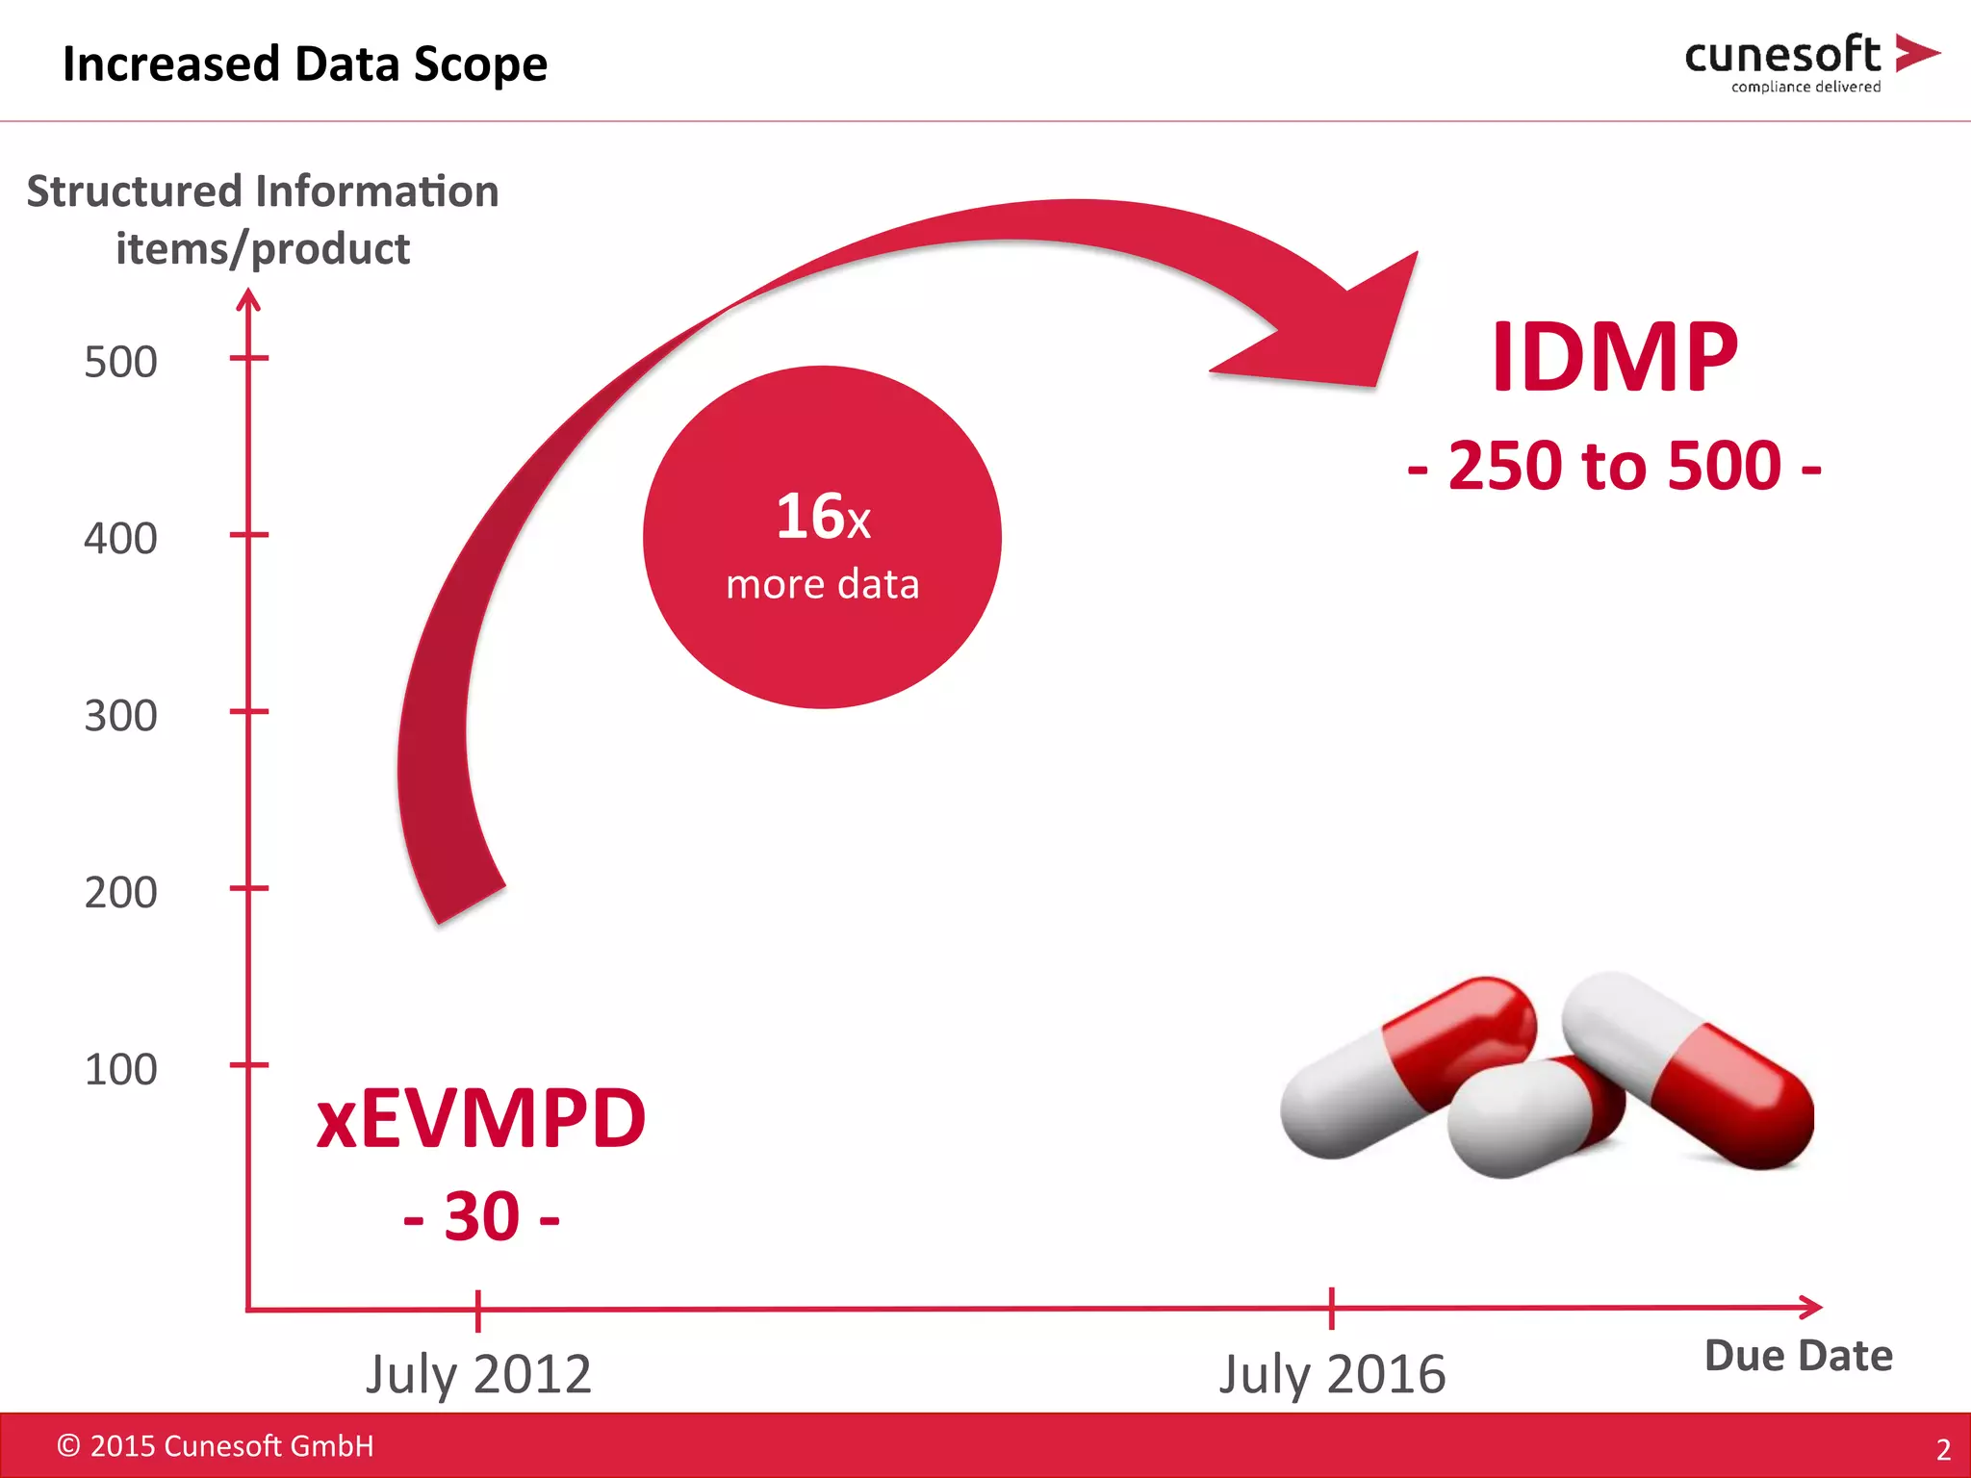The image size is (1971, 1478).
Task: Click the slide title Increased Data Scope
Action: pyautogui.click(x=304, y=64)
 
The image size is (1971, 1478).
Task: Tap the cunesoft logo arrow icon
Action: pyautogui.click(x=1915, y=53)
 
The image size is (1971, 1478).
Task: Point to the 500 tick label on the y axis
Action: pyautogui.click(x=120, y=363)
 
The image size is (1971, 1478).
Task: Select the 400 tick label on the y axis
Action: pyautogui.click(x=120, y=539)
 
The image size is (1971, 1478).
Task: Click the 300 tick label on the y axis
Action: pyautogui.click(x=120, y=716)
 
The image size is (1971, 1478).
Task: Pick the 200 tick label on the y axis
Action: pyautogui.click(x=120, y=893)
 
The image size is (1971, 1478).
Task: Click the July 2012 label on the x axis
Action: pyautogui.click(x=478, y=1374)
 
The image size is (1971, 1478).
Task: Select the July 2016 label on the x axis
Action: pyautogui.click(x=1332, y=1374)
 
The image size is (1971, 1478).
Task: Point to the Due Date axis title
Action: pyautogui.click(x=1798, y=1356)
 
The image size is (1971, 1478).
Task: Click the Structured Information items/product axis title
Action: pyautogui.click(x=263, y=219)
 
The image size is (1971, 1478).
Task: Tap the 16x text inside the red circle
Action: pyautogui.click(x=823, y=517)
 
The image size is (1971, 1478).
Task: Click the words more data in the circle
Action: pyautogui.click(x=823, y=584)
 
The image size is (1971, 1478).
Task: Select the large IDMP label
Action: pyautogui.click(x=1614, y=358)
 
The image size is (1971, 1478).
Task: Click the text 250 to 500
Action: pyautogui.click(x=1614, y=467)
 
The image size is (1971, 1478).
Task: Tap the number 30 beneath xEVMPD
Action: pyautogui.click(x=481, y=1217)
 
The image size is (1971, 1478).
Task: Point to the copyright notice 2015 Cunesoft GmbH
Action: pyautogui.click(x=216, y=1446)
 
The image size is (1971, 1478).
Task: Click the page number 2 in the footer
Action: pyautogui.click(x=1943, y=1449)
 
